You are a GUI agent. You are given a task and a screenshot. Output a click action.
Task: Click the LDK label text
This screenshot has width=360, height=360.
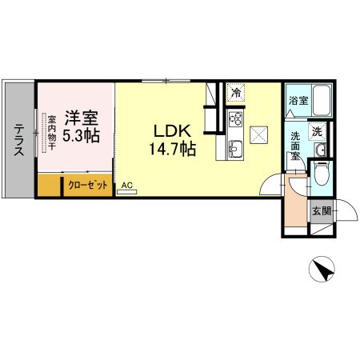(173, 131)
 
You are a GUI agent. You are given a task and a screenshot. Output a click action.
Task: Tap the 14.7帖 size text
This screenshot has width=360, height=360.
(173, 149)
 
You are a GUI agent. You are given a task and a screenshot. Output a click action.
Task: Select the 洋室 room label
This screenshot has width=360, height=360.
(82, 118)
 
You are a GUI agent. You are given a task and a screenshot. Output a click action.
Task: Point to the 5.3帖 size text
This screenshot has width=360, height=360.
(82, 135)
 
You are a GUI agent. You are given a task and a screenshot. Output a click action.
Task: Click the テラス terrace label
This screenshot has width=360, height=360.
(19, 140)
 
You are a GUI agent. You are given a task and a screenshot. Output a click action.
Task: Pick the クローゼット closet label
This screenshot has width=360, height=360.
(88, 185)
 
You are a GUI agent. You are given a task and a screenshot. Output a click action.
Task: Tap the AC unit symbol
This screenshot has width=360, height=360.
(127, 191)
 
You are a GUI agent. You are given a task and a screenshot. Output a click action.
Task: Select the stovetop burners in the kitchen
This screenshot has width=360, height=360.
(236, 118)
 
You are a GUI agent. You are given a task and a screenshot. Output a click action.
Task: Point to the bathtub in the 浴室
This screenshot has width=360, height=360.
(322, 101)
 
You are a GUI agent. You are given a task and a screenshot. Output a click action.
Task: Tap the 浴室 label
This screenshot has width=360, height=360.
(298, 101)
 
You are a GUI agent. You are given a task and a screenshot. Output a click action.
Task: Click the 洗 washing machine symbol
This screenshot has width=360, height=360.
(317, 131)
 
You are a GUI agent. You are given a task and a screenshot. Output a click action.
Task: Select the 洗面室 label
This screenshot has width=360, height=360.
(295, 146)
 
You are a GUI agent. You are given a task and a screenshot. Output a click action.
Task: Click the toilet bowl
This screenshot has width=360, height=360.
(322, 174)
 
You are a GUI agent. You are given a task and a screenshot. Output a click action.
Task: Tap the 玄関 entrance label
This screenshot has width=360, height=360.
(322, 211)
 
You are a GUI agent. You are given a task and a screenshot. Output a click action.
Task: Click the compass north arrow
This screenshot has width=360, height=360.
(322, 269)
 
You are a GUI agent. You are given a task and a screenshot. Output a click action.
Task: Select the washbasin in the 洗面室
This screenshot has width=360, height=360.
(320, 150)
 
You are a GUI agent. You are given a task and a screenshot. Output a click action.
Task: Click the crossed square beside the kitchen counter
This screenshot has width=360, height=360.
(258, 135)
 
